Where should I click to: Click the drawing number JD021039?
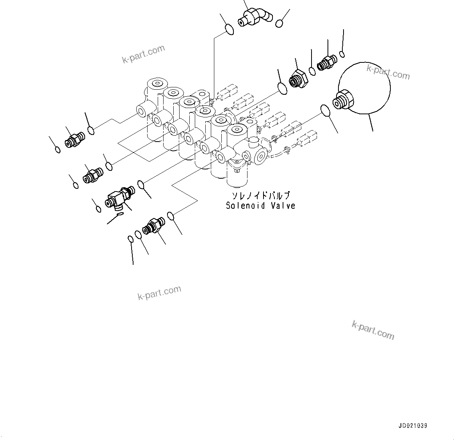click(413, 426)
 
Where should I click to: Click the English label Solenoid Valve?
click(260, 206)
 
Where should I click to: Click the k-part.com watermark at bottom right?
click(373, 330)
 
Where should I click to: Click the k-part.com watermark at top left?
click(143, 54)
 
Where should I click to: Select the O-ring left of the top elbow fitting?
click(230, 29)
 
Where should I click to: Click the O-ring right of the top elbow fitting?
click(279, 23)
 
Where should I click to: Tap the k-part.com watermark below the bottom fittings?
click(159, 293)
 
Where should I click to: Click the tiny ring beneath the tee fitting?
click(120, 213)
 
